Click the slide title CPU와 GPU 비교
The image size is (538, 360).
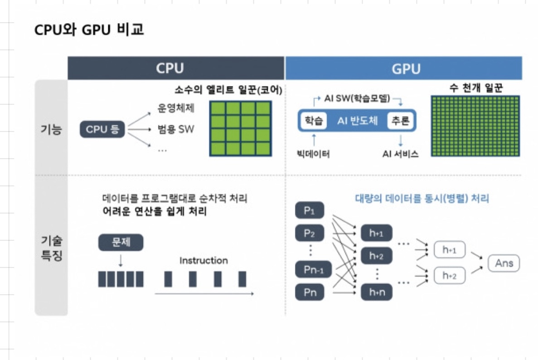point(89,30)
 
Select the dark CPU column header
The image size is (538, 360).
point(176,68)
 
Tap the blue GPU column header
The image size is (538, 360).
point(403,68)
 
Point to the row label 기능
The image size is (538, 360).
point(51,130)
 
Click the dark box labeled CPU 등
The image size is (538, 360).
point(102,130)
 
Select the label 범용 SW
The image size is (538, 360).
point(175,129)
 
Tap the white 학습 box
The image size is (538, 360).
point(313,121)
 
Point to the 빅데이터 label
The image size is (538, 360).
point(313,154)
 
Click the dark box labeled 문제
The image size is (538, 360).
point(121,242)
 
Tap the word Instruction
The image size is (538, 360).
point(204,260)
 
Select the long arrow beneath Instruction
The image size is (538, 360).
point(204,294)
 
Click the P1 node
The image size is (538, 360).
point(310,211)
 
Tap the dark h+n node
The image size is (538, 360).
point(376,292)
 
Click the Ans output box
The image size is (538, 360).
point(504,263)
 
